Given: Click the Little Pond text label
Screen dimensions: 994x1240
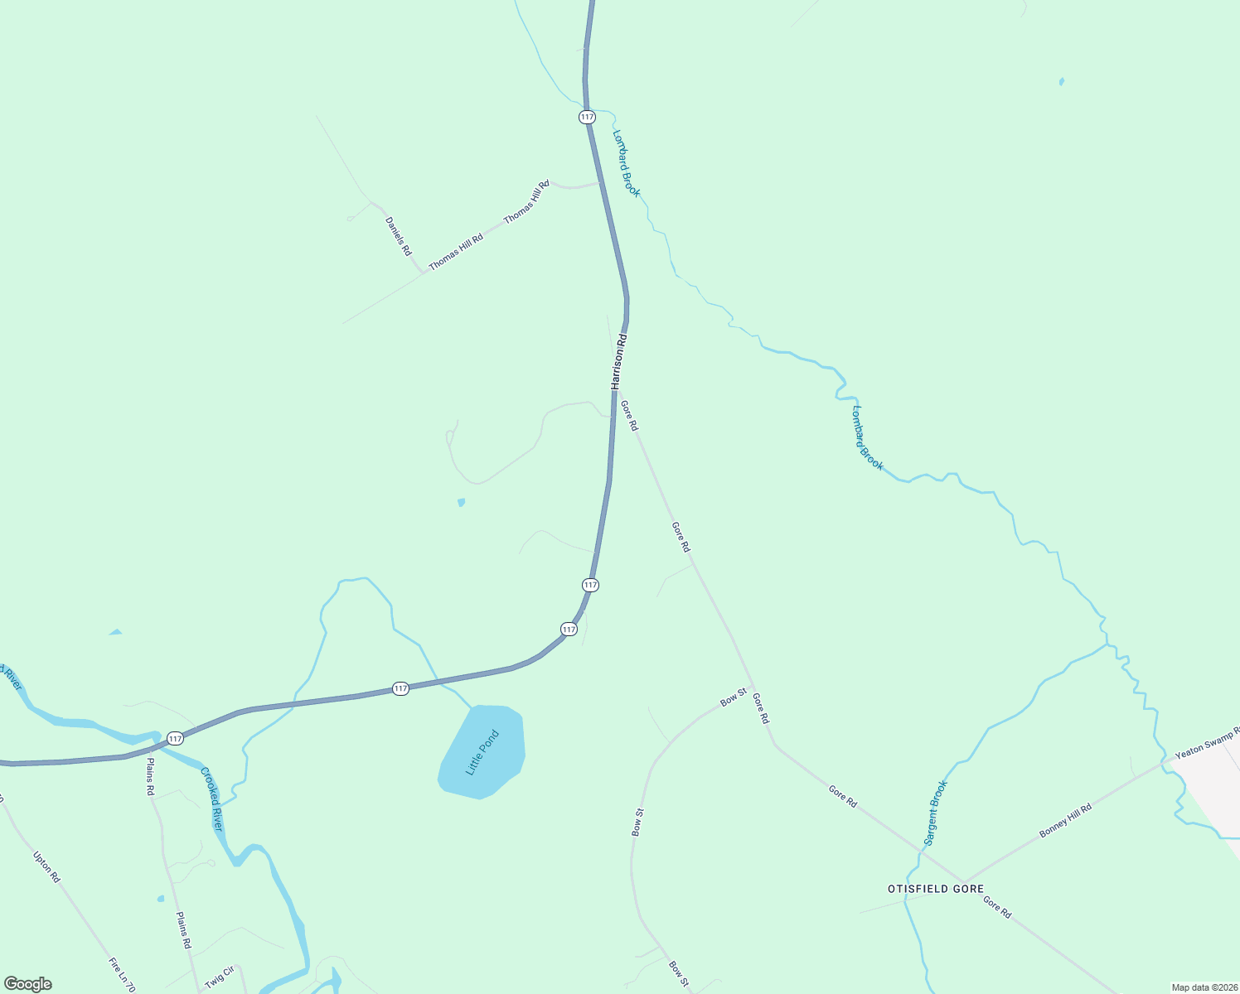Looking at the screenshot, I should click(482, 752).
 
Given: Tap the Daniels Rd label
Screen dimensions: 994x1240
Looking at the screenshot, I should click(398, 236).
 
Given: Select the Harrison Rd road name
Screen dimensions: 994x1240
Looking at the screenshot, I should click(618, 362).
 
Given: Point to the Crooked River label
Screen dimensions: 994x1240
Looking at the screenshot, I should click(211, 799).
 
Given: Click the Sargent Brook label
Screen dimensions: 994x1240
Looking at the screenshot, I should click(935, 813).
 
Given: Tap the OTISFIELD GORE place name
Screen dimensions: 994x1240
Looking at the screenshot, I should click(936, 889).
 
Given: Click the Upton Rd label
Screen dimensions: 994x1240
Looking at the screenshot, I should click(46, 866).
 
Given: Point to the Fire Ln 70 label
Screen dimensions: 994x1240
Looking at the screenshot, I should click(121, 976).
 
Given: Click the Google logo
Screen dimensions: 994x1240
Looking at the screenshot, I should click(27, 984).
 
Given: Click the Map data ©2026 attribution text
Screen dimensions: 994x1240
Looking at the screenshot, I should click(1204, 987).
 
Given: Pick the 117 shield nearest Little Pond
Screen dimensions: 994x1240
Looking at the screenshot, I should click(400, 688).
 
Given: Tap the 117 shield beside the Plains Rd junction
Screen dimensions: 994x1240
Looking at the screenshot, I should click(175, 738).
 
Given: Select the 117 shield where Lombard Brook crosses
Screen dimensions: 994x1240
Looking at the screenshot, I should click(587, 117).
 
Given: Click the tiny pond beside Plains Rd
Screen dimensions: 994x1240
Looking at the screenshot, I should click(160, 899).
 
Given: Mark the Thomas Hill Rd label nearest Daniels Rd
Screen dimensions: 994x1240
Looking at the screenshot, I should click(455, 252).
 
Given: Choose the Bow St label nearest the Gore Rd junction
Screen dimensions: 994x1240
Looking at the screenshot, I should click(734, 697).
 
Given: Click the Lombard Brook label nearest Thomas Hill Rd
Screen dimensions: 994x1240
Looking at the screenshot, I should click(627, 163).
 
